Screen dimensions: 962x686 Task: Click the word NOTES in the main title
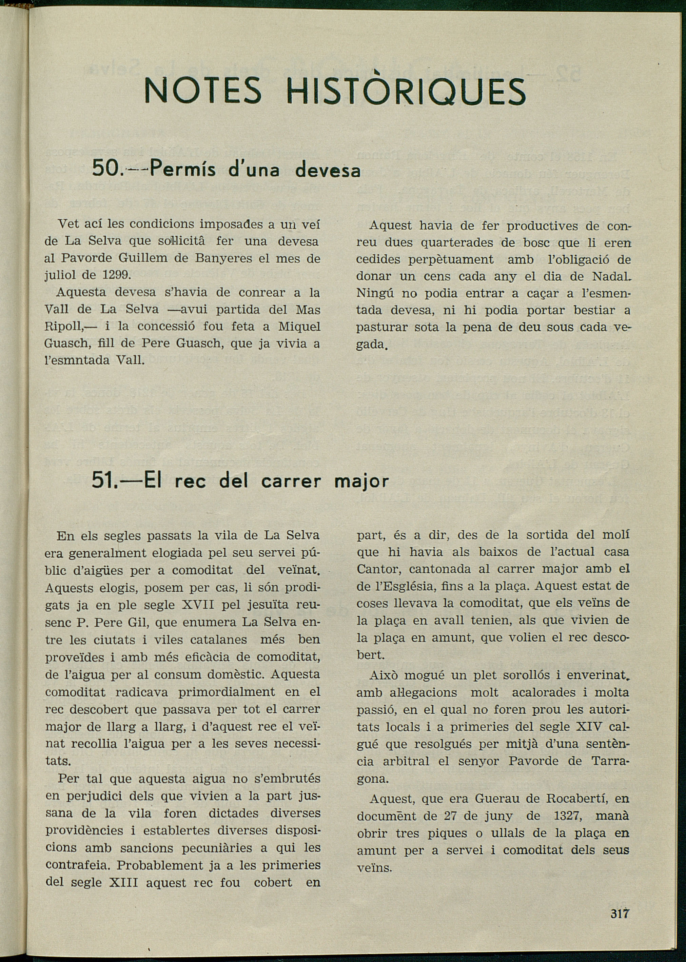tap(202, 91)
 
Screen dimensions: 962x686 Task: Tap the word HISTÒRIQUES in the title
tap(406, 91)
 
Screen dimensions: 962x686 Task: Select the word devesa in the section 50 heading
tap(328, 170)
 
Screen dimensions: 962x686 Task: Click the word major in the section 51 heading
tap(361, 482)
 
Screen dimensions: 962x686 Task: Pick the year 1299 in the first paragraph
tap(116, 275)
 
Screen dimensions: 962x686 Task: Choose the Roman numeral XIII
tap(123, 883)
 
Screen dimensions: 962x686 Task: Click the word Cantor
tap(378, 569)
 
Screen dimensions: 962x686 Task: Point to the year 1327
tap(568, 816)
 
